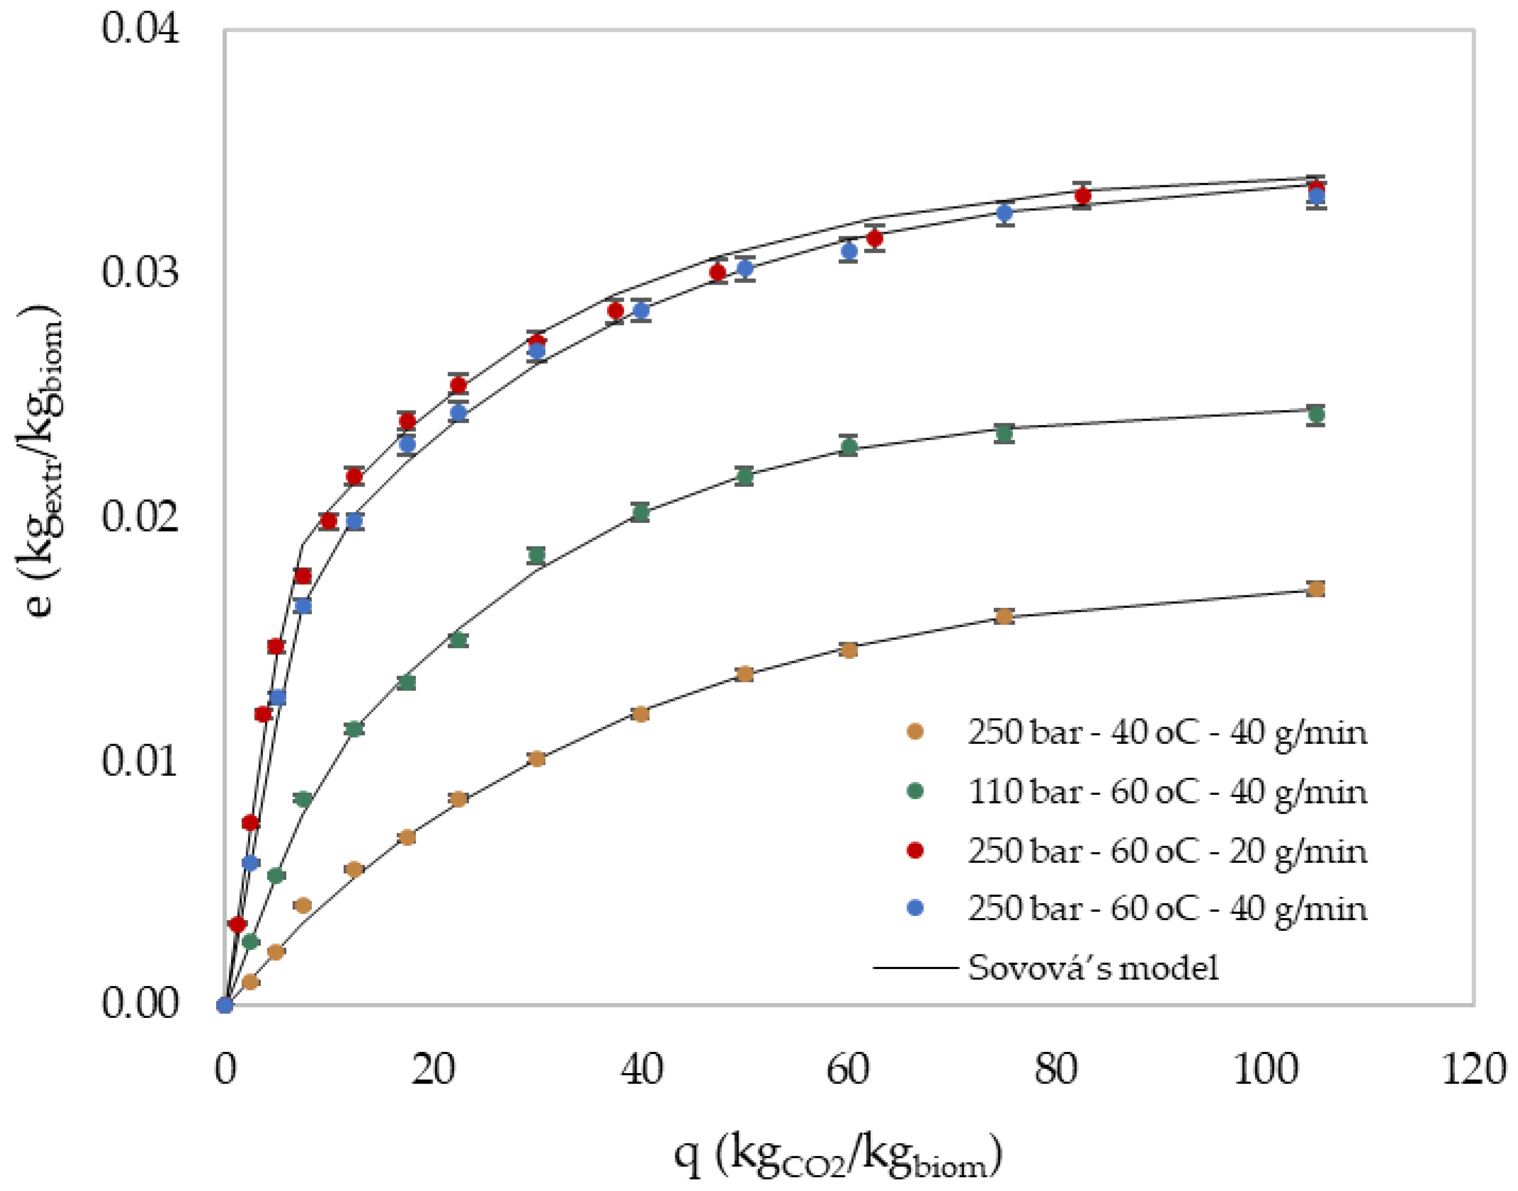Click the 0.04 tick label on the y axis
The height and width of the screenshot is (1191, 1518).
click(140, 29)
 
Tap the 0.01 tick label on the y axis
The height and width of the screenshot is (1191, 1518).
click(140, 761)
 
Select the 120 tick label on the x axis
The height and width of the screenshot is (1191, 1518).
click(1473, 1069)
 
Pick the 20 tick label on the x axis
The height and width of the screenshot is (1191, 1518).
click(432, 1069)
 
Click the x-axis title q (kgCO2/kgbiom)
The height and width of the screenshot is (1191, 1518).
click(837, 1154)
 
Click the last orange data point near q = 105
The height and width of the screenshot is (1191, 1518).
click(1315, 589)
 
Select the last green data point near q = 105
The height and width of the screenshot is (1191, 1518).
click(1315, 415)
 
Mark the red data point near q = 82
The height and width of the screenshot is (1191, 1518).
click(1082, 196)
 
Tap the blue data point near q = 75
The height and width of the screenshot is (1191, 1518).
click(1004, 213)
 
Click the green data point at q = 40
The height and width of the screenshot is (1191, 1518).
click(640, 512)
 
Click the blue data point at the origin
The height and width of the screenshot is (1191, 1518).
click(225, 1005)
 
